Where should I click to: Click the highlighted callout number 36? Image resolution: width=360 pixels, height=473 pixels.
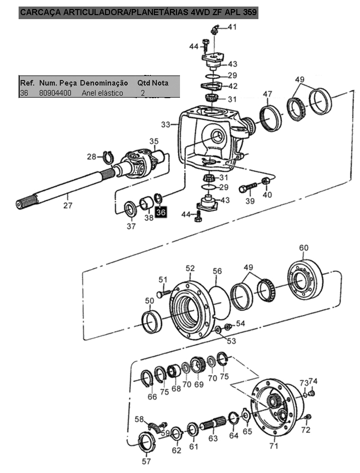(161, 212)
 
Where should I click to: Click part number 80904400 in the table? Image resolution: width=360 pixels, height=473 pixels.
(55, 93)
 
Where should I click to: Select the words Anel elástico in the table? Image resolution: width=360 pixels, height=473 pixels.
(103, 93)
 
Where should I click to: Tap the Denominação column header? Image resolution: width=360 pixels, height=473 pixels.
(104, 83)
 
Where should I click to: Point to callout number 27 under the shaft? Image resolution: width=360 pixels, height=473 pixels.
(68, 205)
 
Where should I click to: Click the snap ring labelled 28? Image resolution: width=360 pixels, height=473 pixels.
(108, 157)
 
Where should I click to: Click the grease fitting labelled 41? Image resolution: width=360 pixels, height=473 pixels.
(214, 30)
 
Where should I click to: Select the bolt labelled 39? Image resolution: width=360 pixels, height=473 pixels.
(247, 187)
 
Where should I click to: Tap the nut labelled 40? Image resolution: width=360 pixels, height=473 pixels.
(266, 181)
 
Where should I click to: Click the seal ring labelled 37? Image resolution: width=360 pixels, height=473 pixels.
(131, 208)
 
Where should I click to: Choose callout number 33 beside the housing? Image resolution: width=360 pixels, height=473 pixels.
(165, 124)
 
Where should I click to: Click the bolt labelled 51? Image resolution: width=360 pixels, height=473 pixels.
(164, 293)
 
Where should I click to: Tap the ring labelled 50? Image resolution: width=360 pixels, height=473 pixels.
(152, 322)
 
